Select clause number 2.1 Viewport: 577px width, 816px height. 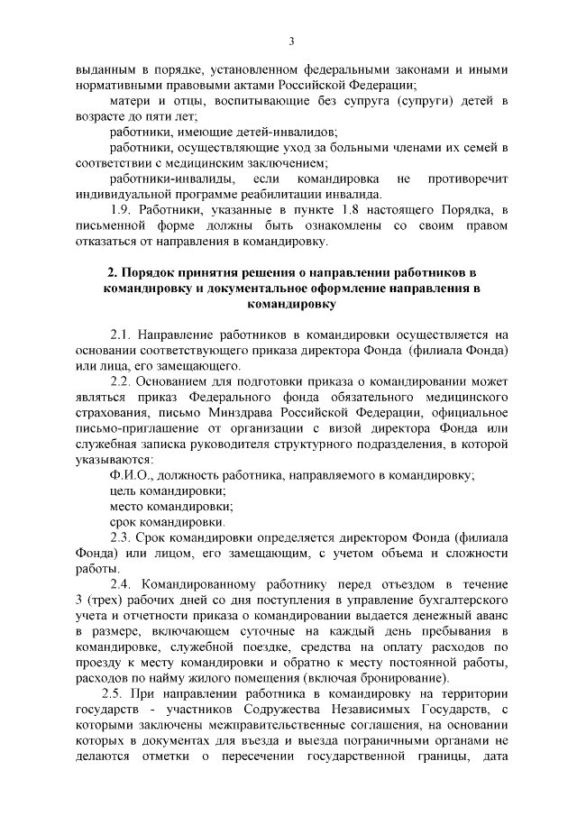[x=122, y=334]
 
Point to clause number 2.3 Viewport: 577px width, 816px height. [x=122, y=538]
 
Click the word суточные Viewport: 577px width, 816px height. [x=271, y=631]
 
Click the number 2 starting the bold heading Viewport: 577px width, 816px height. [x=110, y=271]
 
